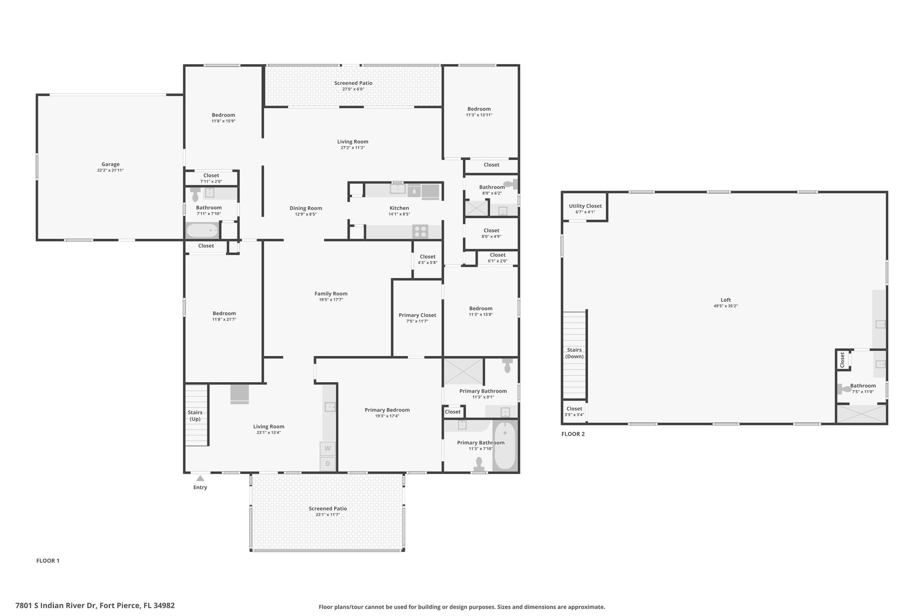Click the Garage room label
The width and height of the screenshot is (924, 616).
coord(111,164)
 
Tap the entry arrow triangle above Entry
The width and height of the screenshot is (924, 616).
coord(200,478)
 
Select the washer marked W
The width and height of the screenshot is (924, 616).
coord(328,449)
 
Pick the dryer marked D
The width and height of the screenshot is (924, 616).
coord(328,463)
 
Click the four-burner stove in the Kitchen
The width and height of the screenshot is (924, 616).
coord(420,232)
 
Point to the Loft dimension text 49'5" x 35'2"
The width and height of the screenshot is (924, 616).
coord(725,306)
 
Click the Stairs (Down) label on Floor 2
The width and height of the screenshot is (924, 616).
coord(574,353)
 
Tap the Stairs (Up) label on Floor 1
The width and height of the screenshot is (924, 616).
coord(195,416)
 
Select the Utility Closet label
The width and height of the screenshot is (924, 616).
coord(585,206)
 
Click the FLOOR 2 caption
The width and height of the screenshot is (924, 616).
coord(573,434)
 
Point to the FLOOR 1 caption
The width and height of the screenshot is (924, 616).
coord(48,561)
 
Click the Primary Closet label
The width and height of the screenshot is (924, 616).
coord(417,315)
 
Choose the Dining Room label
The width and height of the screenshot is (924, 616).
coord(306,208)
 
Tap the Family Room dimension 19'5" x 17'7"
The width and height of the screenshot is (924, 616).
coord(331,300)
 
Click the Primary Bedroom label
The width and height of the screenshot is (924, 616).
coord(387,410)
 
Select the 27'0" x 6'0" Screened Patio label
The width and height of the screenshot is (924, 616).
coord(353,89)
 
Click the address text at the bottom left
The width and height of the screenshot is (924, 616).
coord(95,606)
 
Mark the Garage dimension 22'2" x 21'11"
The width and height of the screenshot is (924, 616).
coord(111,170)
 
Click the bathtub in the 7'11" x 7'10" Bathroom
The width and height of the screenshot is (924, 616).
coord(203,231)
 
